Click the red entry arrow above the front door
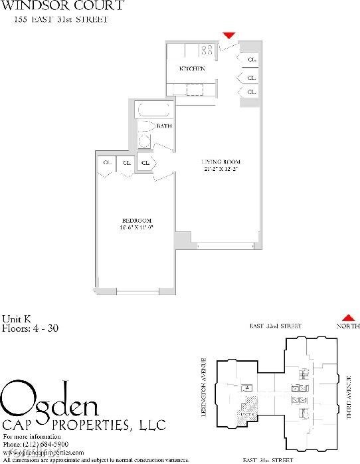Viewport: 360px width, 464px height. (x=229, y=35)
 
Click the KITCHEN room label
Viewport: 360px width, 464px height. (x=192, y=69)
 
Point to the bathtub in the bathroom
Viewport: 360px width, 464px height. (x=154, y=110)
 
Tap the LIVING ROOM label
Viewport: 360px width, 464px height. (x=221, y=162)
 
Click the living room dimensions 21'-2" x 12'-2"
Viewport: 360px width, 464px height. (x=221, y=170)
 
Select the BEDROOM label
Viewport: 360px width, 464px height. (x=137, y=221)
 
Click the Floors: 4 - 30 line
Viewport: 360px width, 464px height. (x=31, y=327)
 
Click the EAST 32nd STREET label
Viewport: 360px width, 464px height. (x=276, y=326)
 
